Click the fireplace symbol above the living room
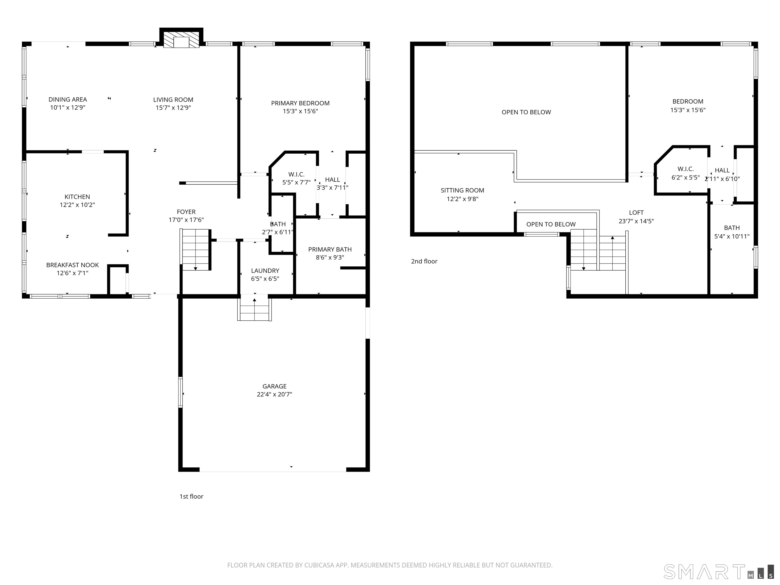pyautogui.click(x=182, y=38)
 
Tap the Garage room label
pyautogui.click(x=274, y=386)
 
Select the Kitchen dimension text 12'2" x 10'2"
pyautogui.click(x=77, y=205)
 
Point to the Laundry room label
pyautogui.click(x=265, y=270)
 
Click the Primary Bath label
pyautogui.click(x=330, y=249)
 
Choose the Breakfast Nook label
pyautogui.click(x=73, y=265)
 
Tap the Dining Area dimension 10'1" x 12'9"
pyautogui.click(x=68, y=108)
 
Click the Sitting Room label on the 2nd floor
pyautogui.click(x=462, y=190)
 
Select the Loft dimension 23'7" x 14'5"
pyautogui.click(x=636, y=221)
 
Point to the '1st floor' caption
pyautogui.click(x=191, y=496)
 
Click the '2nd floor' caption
pyautogui.click(x=424, y=261)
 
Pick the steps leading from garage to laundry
pyautogui.click(x=254, y=309)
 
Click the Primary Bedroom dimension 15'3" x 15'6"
pyautogui.click(x=300, y=111)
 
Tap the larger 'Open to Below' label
pyautogui.click(x=526, y=112)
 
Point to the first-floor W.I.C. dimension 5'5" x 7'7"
pyautogui.click(x=296, y=182)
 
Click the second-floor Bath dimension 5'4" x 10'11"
pyautogui.click(x=732, y=236)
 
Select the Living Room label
pyautogui.click(x=173, y=100)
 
